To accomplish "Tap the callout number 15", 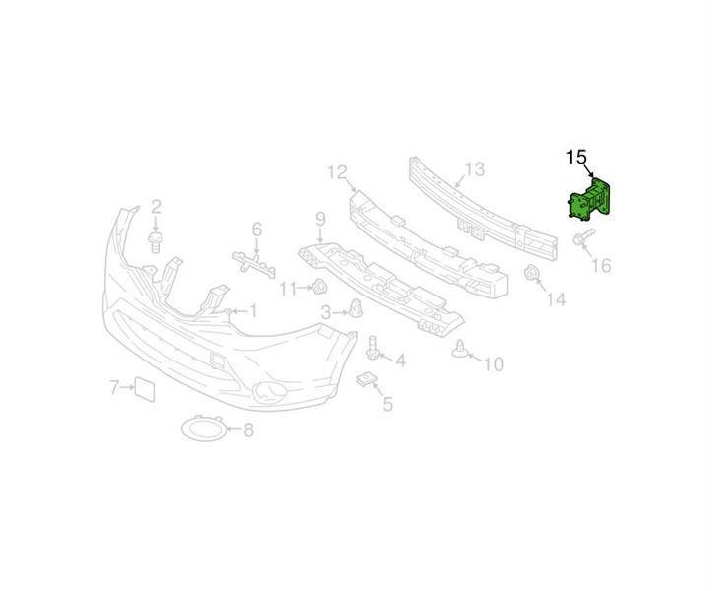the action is point(576,158).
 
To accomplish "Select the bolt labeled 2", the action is point(156,241).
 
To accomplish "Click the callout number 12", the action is point(338,172).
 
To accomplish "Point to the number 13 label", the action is point(475,169).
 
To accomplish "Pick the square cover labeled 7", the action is point(145,389).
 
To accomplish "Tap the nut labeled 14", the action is point(531,274).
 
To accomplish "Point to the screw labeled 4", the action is point(373,349).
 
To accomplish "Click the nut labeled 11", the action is point(319,287).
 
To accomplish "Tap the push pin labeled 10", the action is point(460,349).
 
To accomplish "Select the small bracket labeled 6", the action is point(254,264).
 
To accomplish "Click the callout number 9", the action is point(320,220).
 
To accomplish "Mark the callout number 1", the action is point(253,310).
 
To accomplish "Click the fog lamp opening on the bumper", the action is point(270,392).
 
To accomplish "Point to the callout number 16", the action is point(601,265).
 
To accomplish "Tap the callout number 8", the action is point(248,429).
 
